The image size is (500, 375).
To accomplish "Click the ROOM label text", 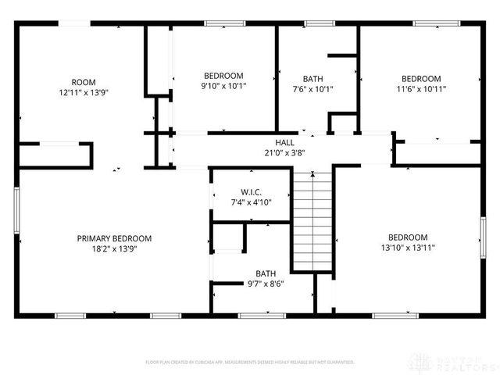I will [84, 81].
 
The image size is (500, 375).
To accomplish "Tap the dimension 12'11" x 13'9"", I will [84, 92].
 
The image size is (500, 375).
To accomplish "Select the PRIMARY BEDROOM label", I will [114, 238].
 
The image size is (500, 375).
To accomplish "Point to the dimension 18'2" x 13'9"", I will [114, 248].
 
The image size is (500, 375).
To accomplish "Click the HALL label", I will [284, 142].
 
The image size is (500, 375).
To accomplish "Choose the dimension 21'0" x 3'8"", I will [284, 152].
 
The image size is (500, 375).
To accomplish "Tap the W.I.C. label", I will [250, 192].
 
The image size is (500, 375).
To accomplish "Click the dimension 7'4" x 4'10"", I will [250, 202].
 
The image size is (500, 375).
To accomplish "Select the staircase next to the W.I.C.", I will [312, 222].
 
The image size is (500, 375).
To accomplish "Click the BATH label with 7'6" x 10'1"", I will [312, 78].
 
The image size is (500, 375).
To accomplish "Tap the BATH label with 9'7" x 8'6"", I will [266, 273].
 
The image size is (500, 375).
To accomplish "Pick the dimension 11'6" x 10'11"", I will [421, 88].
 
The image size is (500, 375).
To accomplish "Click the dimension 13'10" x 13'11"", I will [408, 248].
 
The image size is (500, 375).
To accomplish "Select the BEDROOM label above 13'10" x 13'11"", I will [408, 237].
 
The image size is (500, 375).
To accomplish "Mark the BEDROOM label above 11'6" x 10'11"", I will [421, 78].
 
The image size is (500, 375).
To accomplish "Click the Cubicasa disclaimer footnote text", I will [250, 362].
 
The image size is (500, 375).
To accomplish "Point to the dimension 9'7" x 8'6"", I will [266, 284].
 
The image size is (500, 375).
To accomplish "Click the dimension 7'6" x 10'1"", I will [312, 88].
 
